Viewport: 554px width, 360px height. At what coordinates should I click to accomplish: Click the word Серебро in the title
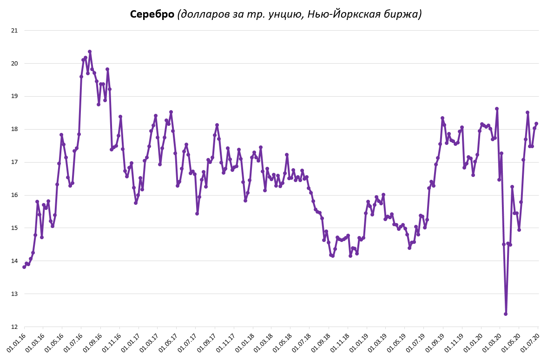click(x=152, y=14)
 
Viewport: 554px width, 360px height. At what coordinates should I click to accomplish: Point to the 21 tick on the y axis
click(x=14, y=31)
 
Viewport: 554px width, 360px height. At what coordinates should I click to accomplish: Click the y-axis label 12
click(x=14, y=327)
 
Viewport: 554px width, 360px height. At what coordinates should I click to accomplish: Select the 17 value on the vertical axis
click(x=14, y=162)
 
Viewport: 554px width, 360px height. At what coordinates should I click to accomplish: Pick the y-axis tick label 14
click(x=14, y=261)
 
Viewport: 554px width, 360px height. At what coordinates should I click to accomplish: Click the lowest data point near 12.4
click(x=506, y=314)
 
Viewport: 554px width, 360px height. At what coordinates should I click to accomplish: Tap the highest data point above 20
click(x=90, y=52)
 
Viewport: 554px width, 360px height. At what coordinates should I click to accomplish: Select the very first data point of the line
click(x=24, y=267)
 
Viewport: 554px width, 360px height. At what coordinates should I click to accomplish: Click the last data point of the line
click(x=536, y=124)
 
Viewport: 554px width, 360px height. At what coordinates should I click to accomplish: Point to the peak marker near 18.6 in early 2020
click(x=497, y=109)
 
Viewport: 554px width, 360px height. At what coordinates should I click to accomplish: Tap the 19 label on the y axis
click(x=14, y=97)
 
